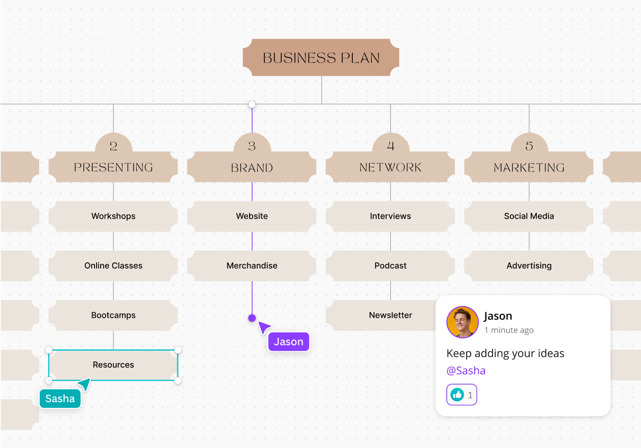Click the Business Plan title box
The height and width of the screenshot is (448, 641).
(321, 58)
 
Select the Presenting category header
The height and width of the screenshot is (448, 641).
(113, 167)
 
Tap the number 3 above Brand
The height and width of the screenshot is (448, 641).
(252, 146)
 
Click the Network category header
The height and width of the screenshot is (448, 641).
(390, 167)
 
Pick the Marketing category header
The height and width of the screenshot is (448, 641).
(529, 167)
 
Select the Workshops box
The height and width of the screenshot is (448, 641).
(113, 216)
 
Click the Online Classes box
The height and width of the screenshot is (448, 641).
(113, 265)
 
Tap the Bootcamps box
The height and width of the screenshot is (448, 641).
(113, 315)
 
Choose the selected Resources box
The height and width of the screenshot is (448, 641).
(113, 365)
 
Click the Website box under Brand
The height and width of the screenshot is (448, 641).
(252, 216)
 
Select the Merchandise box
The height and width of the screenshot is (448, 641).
(252, 265)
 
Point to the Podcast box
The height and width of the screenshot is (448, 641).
(390, 265)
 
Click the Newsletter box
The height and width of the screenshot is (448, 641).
(390, 315)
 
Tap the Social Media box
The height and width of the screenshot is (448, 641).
(529, 216)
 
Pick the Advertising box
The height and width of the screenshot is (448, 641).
(529, 265)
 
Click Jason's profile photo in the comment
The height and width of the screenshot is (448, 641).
(462, 322)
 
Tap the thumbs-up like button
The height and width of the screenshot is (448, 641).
(457, 395)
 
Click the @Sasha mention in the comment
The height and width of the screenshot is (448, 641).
(466, 371)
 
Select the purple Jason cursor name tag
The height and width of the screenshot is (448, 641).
(288, 342)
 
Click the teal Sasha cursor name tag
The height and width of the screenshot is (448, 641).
(60, 399)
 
